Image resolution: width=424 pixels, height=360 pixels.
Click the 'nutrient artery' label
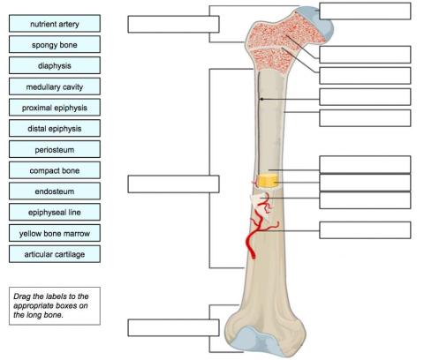click(x=55, y=24)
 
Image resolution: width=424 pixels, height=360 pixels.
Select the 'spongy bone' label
click(x=55, y=44)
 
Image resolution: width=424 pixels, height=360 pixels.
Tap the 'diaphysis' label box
click(x=55, y=65)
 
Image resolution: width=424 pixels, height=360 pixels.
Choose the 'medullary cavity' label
click(x=55, y=86)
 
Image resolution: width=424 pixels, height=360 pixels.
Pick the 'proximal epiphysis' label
click(x=55, y=108)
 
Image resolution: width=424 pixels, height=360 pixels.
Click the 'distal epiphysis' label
click(x=55, y=129)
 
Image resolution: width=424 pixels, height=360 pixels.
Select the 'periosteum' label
click(x=55, y=149)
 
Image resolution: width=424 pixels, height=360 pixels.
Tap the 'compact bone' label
click(x=55, y=170)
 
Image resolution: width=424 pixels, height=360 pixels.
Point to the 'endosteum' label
click(x=55, y=191)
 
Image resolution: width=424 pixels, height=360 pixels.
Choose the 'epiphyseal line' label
click(x=55, y=212)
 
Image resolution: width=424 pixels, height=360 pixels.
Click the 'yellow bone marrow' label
click(x=55, y=233)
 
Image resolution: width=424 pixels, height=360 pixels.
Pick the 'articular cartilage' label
click(x=55, y=254)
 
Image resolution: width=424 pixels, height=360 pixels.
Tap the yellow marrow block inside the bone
click(x=269, y=179)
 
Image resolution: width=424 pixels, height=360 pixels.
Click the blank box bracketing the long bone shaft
click(x=161, y=184)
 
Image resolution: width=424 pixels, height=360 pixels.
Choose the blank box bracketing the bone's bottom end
click(x=161, y=327)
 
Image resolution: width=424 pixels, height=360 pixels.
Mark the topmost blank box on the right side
click(x=365, y=11)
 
